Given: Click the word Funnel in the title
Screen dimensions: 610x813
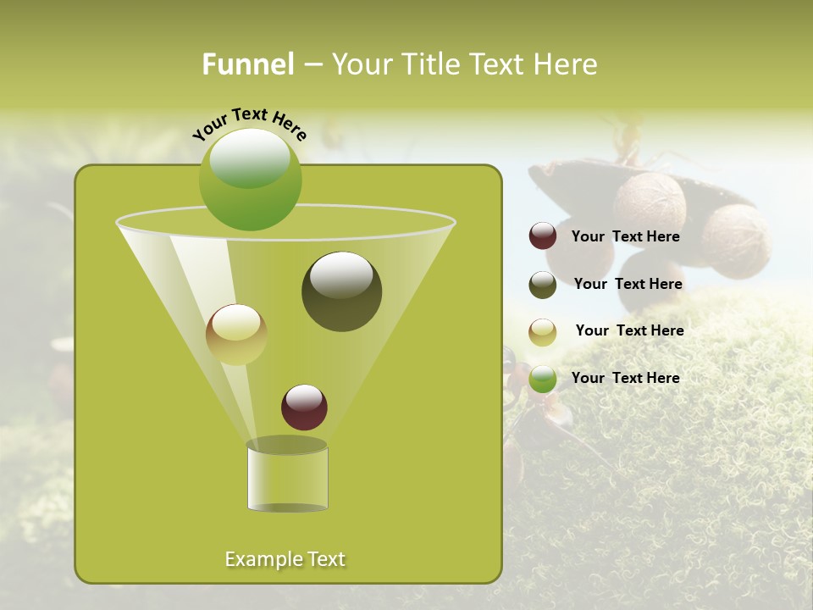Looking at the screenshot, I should pos(247,64).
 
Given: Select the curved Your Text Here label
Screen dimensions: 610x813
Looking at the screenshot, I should pos(249,124).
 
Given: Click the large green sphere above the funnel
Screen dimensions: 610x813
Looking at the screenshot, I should pos(250,180).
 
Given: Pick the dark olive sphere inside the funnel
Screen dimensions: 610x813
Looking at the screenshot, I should pos(341,291).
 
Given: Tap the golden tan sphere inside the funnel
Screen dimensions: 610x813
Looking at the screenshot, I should pos(236,335).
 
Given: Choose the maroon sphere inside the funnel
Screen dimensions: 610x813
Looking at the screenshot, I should pos(304,407).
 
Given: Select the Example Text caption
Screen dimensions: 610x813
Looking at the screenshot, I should pos(285,559).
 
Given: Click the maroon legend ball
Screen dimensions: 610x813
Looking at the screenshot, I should pos(543,236).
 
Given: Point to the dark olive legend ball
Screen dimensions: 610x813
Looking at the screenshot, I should pos(543,285).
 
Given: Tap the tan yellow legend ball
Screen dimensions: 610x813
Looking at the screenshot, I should pos(543,332).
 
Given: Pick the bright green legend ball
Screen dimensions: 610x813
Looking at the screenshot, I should pos(543,379).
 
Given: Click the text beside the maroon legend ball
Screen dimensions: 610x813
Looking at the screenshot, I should pos(625,237).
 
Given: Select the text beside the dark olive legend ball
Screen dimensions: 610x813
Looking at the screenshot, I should pos(628,284).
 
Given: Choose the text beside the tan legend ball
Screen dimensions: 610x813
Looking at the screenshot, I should pos(629,330).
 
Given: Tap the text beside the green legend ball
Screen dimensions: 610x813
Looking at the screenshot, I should pos(625,378).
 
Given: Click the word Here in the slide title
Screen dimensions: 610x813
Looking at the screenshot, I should pos(567,64).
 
